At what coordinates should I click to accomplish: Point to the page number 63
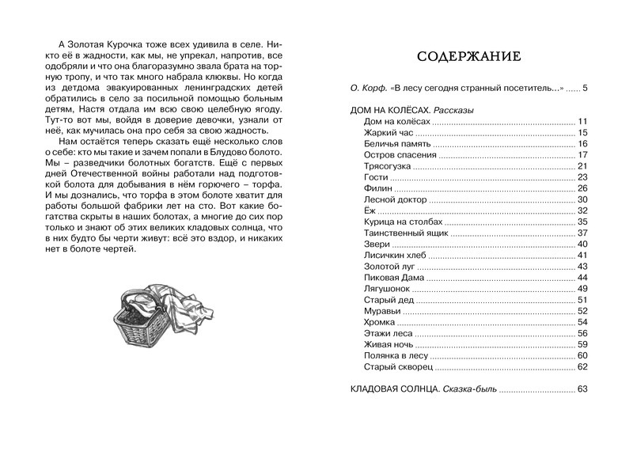tap(582, 389)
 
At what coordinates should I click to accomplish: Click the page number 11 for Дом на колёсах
tap(582, 121)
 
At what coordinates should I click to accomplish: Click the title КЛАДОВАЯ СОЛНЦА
tap(394, 389)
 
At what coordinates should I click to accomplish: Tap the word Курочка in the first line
tap(121, 40)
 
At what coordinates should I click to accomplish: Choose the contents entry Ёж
tap(369, 210)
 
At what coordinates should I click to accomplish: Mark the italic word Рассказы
tap(453, 110)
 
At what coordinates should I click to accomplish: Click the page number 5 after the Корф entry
tap(585, 88)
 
